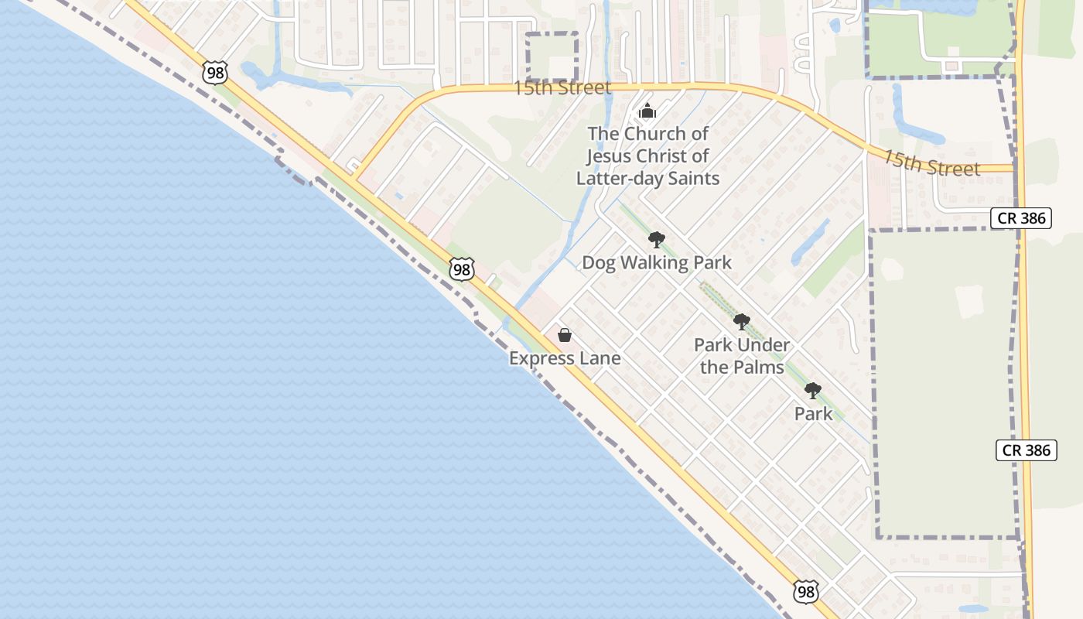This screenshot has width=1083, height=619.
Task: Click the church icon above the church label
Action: [x=647, y=111]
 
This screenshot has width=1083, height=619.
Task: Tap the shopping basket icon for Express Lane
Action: [x=565, y=335]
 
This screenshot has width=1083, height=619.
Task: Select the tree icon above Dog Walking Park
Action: [x=657, y=240]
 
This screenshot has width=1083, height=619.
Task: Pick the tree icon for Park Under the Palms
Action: [x=742, y=322]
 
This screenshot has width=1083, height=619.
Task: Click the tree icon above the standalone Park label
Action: [x=813, y=391]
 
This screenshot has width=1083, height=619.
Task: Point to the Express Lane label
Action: [x=565, y=358]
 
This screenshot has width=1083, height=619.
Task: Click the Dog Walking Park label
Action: [x=657, y=263]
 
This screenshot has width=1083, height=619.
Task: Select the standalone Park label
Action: [x=813, y=414]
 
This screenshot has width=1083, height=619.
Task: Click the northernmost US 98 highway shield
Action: [x=215, y=73]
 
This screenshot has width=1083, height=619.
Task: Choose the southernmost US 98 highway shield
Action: [x=806, y=592]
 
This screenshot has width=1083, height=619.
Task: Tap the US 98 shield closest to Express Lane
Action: [x=462, y=269]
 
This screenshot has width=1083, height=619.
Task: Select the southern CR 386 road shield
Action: [x=1026, y=450]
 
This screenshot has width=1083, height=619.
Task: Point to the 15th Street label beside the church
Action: [x=562, y=87]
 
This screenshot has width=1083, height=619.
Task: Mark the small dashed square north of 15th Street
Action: [x=552, y=56]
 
